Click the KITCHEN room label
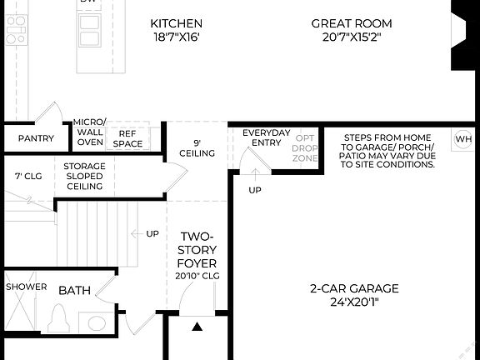tap(176, 23)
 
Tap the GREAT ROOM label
tap(351, 23)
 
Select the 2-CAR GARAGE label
tap(354, 289)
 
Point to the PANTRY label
tap(36, 139)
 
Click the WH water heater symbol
tap(463, 139)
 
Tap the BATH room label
tap(74, 291)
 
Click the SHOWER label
tap(27, 287)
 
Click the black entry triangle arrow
tap(197, 327)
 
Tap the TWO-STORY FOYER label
tap(198, 249)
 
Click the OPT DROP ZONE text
tap(306, 147)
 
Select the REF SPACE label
tap(128, 138)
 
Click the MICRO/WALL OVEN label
tap(90, 132)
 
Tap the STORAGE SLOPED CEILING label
tap(84, 176)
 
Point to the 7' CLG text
tap(27, 176)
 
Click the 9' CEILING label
tap(197, 147)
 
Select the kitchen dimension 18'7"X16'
tap(176, 37)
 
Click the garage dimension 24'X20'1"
tap(354, 303)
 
